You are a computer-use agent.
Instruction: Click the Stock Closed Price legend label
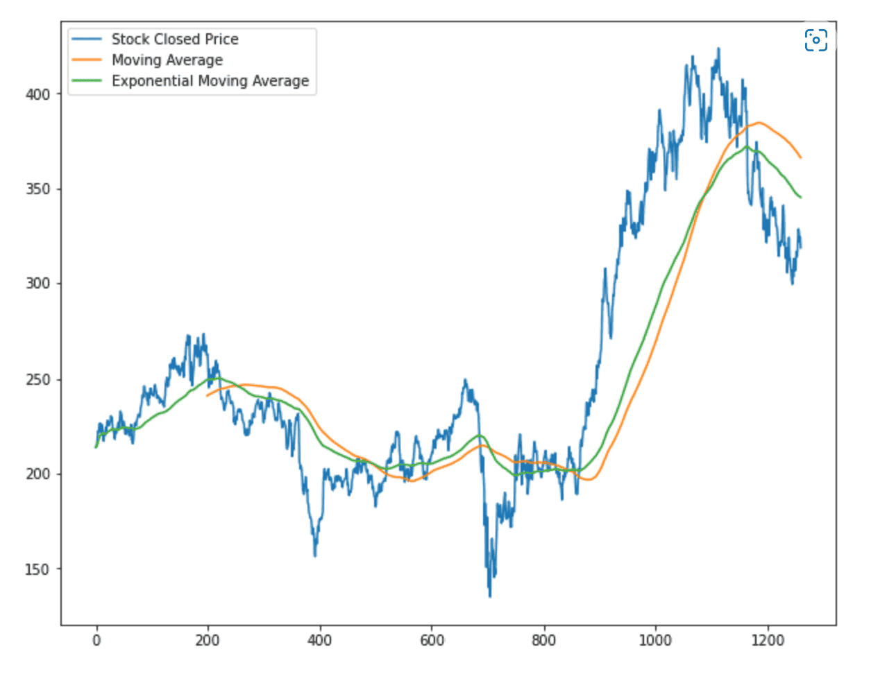(175, 40)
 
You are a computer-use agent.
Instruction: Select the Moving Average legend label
(167, 60)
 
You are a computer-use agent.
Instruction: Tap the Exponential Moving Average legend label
(210, 81)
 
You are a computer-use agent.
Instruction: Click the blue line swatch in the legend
(87, 40)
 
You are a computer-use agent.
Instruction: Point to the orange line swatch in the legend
(87, 60)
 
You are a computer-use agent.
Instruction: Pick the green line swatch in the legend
(87, 81)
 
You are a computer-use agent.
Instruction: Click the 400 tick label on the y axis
(38, 94)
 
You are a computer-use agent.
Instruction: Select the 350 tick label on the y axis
(38, 189)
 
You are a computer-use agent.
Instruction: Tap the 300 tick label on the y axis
(38, 284)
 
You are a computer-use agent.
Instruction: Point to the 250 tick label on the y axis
(38, 379)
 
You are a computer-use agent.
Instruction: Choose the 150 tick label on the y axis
(38, 569)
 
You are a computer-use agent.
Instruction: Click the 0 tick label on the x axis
(96, 640)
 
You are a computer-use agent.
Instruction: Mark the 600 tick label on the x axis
(432, 640)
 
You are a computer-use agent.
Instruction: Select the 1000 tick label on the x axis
(655, 640)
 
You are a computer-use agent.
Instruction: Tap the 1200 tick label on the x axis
(768, 640)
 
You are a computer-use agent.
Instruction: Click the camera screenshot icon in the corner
(816, 40)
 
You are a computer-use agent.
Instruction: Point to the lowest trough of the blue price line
(489, 596)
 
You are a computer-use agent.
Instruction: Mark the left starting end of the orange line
(207, 395)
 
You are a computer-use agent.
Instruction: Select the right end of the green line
(801, 198)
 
